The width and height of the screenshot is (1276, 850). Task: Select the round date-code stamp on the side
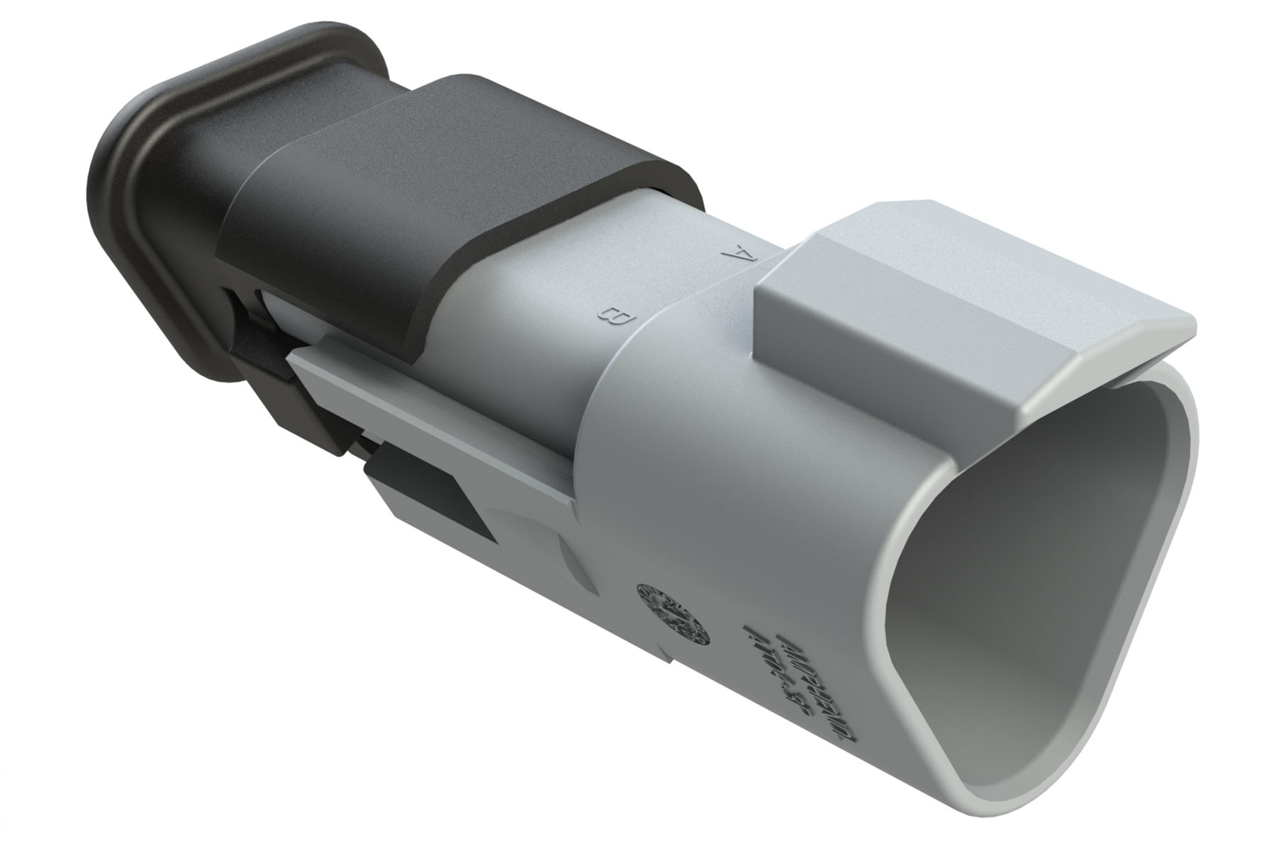click(x=669, y=612)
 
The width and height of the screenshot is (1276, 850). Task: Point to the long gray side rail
click(x=440, y=411)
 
